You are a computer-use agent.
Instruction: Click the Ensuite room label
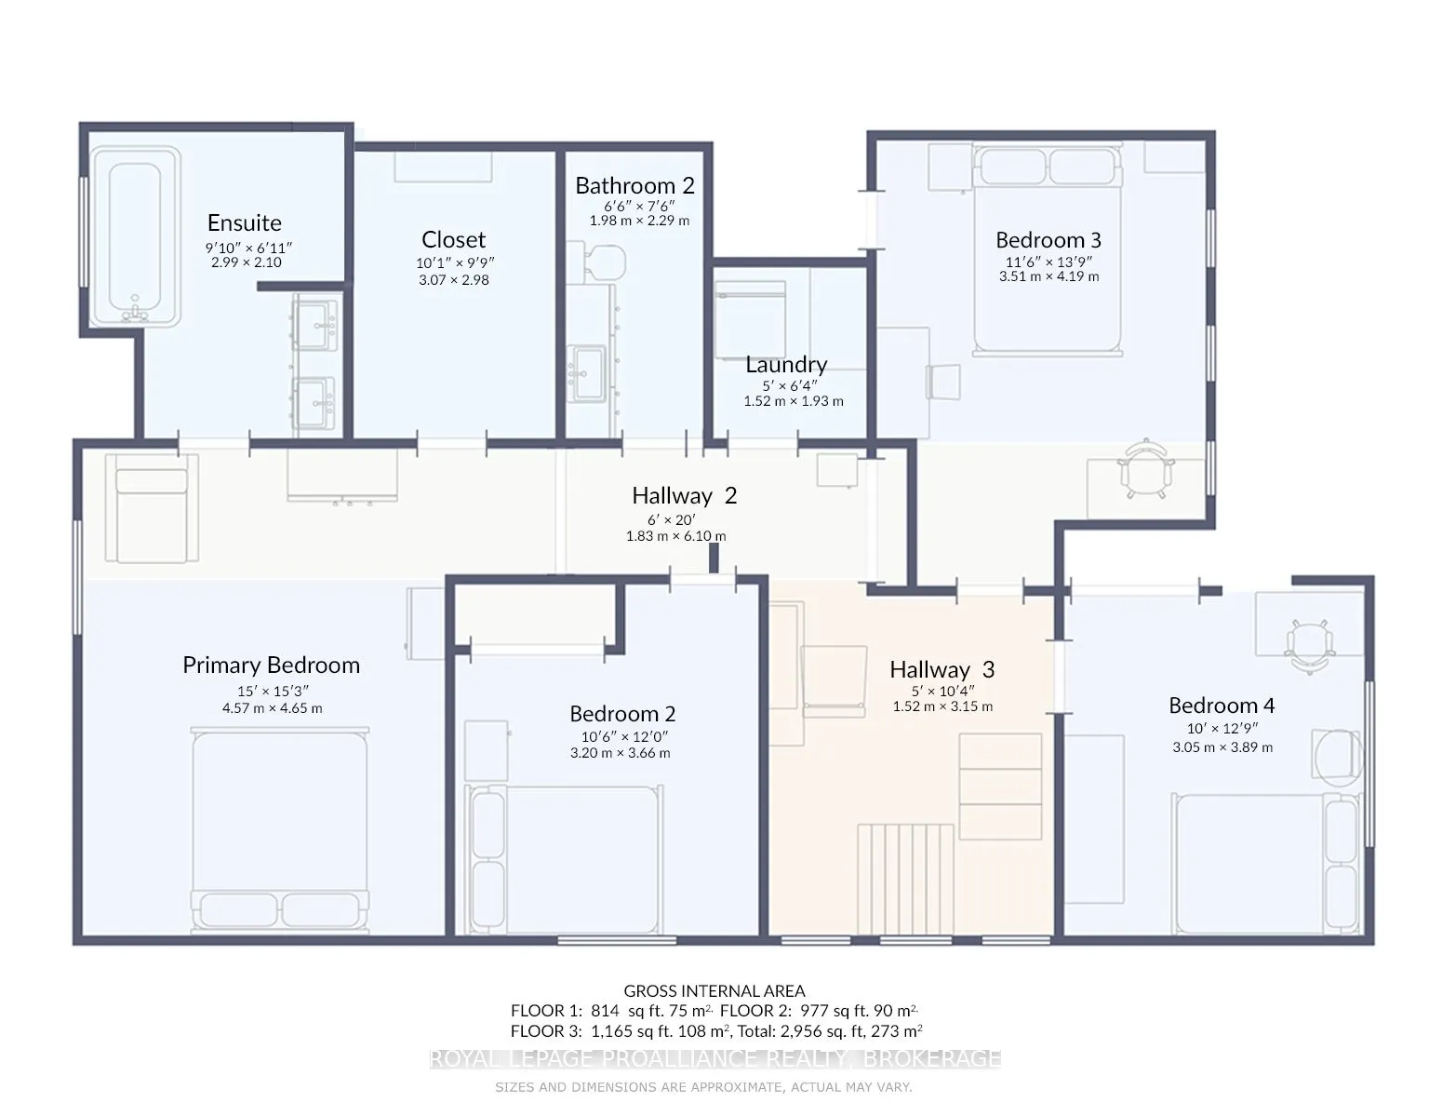244,223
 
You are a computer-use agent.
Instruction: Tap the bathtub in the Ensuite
135,236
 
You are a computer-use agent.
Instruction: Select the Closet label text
453,239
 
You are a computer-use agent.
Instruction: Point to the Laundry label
786,364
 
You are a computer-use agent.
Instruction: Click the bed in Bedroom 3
1048,250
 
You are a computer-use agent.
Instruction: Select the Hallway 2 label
684,495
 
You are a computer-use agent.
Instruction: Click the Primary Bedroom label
271,666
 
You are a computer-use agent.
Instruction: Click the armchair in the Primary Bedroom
152,507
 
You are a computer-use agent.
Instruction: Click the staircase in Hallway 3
905,880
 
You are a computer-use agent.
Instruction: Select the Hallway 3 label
942,669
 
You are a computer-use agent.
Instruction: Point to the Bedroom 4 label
1222,706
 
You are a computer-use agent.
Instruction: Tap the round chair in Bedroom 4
1337,758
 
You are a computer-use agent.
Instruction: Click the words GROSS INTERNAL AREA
714,990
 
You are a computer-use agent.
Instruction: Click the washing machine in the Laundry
751,319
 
